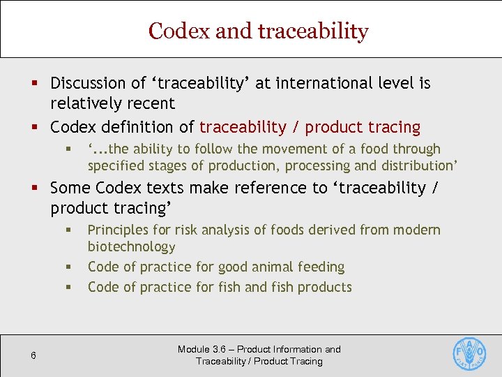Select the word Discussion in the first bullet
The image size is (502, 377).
click(88, 83)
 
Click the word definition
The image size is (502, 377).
click(146, 127)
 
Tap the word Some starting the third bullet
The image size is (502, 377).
click(70, 188)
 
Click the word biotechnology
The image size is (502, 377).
click(131, 246)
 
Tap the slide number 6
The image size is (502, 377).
click(33, 356)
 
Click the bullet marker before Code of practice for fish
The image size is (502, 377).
click(70, 288)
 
